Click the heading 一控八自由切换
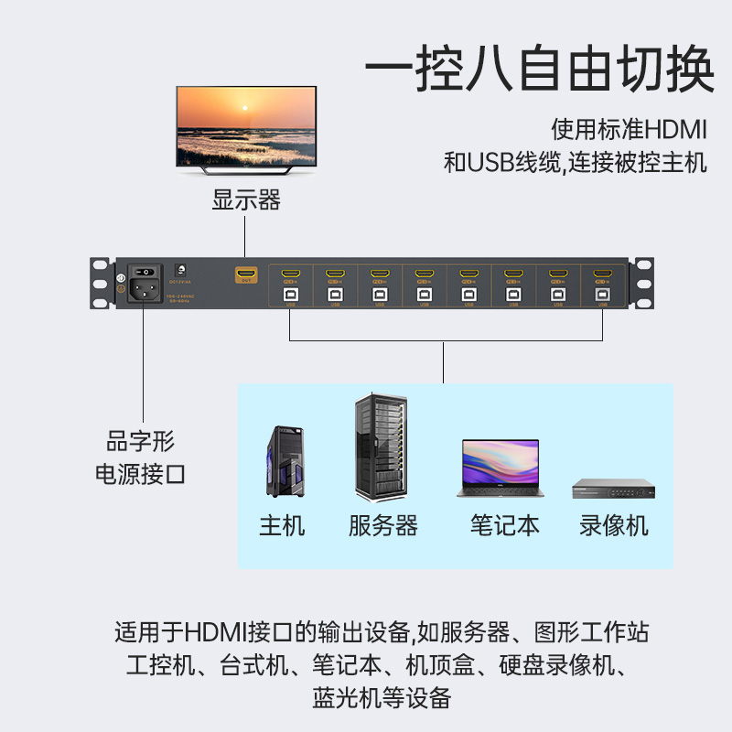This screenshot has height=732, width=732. click(539, 70)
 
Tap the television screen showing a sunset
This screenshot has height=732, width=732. click(246, 125)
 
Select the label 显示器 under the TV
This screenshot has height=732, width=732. click(246, 199)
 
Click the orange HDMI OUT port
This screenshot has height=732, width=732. click(245, 274)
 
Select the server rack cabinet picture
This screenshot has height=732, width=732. click(379, 447)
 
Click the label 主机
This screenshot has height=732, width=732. click(282, 526)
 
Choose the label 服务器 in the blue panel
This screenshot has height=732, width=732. click(383, 526)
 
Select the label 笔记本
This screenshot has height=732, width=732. click(505, 525)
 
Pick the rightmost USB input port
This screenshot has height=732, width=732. click(601, 295)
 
